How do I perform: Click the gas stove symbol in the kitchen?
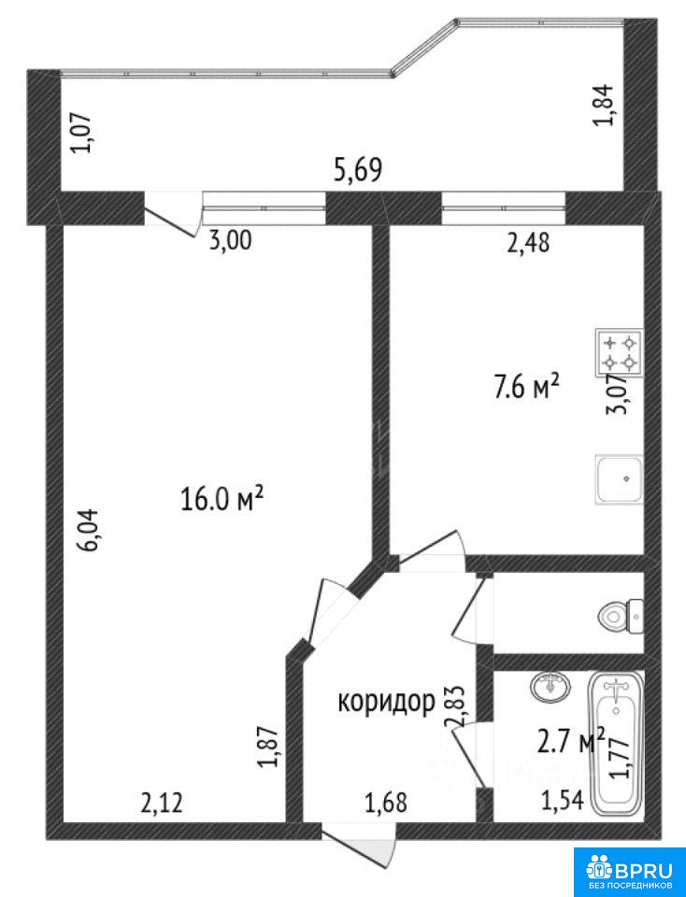tap(619, 352)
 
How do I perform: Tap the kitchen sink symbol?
tap(619, 478)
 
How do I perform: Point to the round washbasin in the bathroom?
tap(550, 685)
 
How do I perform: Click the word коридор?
tap(386, 701)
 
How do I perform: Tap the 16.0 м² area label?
tap(222, 498)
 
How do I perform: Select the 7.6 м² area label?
tap(522, 388)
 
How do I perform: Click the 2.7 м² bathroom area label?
tap(570, 741)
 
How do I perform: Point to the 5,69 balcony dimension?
tap(358, 170)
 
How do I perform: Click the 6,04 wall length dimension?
tap(91, 530)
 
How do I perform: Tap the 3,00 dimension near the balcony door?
tap(230, 241)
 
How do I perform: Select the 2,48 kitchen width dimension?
tap(528, 243)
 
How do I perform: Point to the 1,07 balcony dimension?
tap(80, 133)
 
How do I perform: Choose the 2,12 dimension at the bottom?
tap(162, 803)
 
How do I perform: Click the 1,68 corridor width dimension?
tap(386, 803)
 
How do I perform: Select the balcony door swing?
tap(172, 216)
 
